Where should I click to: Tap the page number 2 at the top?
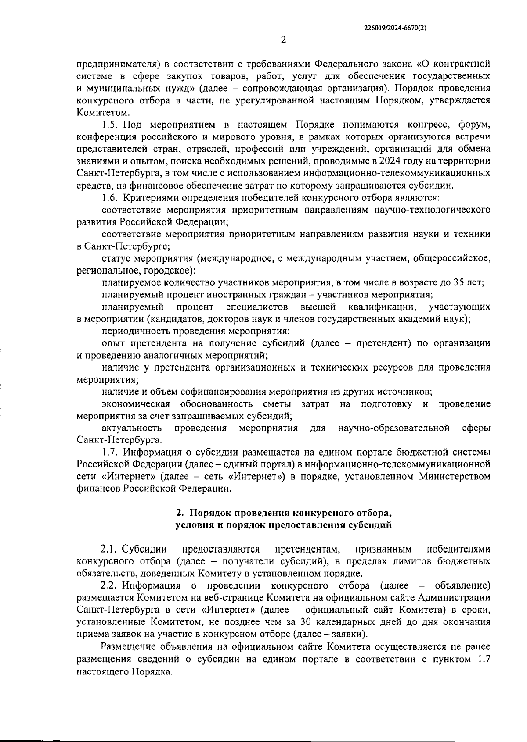[283, 40]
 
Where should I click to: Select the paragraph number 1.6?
[110, 197]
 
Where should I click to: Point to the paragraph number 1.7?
[109, 452]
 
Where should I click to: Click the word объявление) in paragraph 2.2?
[462, 585]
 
